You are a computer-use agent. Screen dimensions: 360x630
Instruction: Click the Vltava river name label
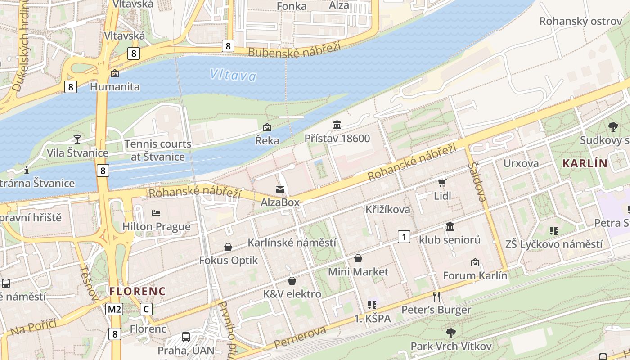(x=233, y=75)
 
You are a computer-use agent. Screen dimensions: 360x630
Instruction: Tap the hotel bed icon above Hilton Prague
(x=156, y=213)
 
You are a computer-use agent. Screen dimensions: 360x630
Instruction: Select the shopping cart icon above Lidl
(x=442, y=183)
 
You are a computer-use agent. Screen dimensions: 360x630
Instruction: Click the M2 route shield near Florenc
(x=114, y=309)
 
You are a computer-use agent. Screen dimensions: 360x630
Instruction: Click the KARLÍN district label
(x=585, y=163)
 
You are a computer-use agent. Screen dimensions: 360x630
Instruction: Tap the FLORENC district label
(x=138, y=291)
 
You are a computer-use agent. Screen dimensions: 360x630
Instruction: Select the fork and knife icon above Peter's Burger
(x=436, y=296)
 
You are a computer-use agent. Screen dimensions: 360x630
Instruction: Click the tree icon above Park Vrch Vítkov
(x=450, y=333)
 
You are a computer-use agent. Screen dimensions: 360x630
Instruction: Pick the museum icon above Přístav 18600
(x=337, y=125)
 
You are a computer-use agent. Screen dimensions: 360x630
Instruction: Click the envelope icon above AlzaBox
(x=280, y=189)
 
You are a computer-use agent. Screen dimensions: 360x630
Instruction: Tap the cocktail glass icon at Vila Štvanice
(x=77, y=139)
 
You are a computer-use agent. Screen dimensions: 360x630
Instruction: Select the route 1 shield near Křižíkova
(x=404, y=236)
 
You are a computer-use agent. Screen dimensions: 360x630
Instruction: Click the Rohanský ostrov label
(x=580, y=21)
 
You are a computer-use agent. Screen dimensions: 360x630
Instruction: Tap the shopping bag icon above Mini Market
(x=358, y=258)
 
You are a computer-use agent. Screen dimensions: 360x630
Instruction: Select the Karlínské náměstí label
(x=292, y=243)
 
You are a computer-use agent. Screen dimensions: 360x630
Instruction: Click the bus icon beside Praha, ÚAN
(x=185, y=337)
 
